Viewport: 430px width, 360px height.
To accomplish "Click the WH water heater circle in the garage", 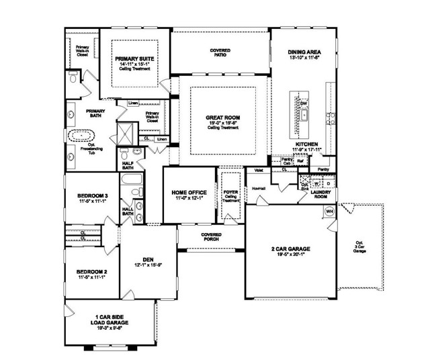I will click(x=330, y=212).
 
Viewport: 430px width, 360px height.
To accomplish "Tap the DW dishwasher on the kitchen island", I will click(x=303, y=103).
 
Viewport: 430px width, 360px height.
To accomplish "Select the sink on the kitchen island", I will click(x=304, y=115).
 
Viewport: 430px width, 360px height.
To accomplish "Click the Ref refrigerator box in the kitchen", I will click(x=300, y=162).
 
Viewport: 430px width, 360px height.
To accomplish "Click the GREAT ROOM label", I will click(x=222, y=118).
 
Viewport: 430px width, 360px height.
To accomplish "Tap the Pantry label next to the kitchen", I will click(x=323, y=170).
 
